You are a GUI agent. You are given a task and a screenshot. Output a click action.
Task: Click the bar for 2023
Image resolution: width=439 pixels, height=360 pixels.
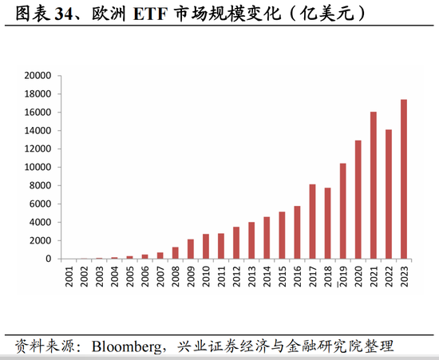pyautogui.click(x=404, y=179)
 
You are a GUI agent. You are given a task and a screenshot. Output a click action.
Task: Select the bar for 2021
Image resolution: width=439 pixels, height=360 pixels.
pyautogui.click(x=374, y=185)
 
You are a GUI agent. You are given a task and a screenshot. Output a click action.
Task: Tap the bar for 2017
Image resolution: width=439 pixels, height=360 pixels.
pyautogui.click(x=312, y=221)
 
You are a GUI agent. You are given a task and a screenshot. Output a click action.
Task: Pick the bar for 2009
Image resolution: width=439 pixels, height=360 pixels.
pyautogui.click(x=191, y=249)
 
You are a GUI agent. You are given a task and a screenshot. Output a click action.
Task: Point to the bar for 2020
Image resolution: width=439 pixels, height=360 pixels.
pyautogui.click(x=358, y=200)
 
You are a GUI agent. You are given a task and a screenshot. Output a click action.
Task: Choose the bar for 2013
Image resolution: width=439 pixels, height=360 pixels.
pyautogui.click(x=251, y=240)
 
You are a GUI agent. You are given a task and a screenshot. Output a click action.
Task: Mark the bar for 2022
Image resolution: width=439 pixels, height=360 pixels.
pyautogui.click(x=389, y=194)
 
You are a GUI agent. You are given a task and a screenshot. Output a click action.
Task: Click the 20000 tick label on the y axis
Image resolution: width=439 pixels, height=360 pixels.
pyautogui.click(x=38, y=76)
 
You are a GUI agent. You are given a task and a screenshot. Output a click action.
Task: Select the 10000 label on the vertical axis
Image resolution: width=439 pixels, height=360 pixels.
pyautogui.click(x=38, y=167)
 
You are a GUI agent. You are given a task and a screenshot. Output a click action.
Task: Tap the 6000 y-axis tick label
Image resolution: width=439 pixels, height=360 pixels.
pyautogui.click(x=41, y=204)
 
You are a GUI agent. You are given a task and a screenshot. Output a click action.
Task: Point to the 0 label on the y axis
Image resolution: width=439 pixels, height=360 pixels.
pyautogui.click(x=49, y=259)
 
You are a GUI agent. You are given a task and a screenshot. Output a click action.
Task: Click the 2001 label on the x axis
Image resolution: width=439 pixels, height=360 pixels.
pyautogui.click(x=69, y=276)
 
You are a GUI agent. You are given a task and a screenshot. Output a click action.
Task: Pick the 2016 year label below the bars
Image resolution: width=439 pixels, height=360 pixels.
pyautogui.click(x=297, y=276)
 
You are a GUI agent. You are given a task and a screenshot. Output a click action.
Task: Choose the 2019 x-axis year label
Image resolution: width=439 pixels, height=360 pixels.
pyautogui.click(x=343, y=276)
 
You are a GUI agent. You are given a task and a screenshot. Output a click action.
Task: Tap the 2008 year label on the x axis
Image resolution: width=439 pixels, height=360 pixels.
pyautogui.click(x=176, y=276)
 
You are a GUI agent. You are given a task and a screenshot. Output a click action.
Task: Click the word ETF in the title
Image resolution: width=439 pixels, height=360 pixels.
pyautogui.click(x=150, y=14)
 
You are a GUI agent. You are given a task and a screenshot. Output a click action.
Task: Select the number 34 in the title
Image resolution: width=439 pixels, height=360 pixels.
pyautogui.click(x=64, y=14)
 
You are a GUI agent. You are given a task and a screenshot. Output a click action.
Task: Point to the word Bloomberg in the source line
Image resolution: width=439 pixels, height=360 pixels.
pyautogui.click(x=127, y=346)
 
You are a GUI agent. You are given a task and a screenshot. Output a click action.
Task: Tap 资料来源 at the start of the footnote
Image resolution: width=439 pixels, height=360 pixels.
pyautogui.click(x=45, y=346)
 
